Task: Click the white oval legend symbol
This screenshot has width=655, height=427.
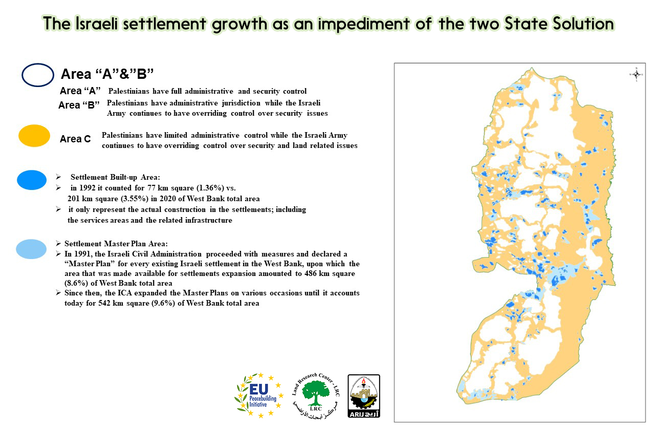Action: tap(38, 75)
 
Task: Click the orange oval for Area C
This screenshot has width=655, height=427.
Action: tap(34, 136)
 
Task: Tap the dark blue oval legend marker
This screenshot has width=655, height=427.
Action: tap(32, 180)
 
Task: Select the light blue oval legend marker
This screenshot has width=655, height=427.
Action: tap(31, 249)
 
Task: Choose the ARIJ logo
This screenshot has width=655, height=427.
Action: tap(363, 396)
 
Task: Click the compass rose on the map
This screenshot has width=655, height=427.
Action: tap(636, 75)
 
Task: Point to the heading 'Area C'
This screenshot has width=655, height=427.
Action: tap(75, 139)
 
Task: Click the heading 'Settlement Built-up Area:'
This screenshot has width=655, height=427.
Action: tap(115, 177)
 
